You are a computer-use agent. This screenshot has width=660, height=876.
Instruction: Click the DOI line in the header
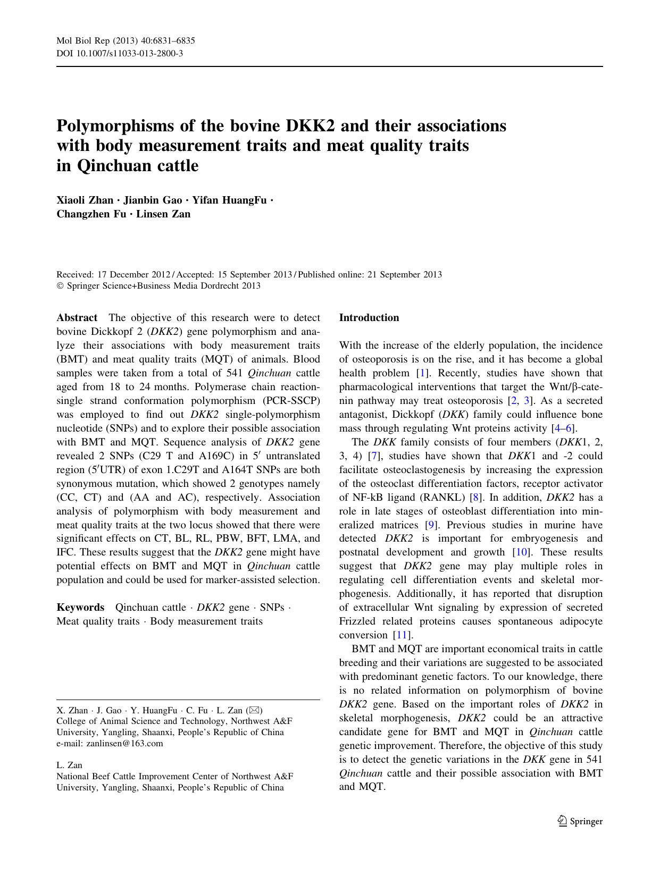[120, 53]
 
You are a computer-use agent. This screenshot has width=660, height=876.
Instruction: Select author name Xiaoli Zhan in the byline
[85, 200]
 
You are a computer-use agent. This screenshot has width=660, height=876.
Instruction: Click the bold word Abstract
[77, 318]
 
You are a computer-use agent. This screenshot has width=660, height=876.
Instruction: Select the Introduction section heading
[369, 318]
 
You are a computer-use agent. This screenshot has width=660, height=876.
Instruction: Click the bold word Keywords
[80, 608]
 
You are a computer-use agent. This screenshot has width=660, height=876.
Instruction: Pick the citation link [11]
[402, 636]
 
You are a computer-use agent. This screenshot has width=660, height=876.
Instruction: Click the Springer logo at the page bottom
[580, 821]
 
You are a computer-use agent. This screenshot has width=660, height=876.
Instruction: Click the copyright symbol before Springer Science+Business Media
[60, 286]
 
